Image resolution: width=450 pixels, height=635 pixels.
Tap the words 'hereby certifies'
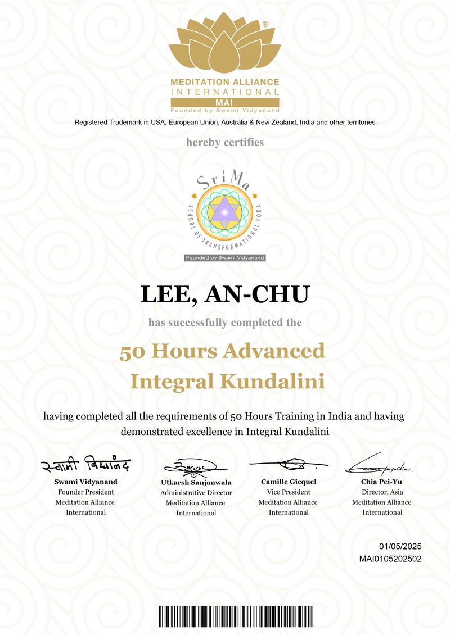coord(225,142)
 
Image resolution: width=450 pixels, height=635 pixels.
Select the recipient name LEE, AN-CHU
coord(225,295)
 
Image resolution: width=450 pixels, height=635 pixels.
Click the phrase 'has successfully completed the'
coord(225,323)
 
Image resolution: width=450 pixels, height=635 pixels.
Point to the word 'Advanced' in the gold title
coord(274,351)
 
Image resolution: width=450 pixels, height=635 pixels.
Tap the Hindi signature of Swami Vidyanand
coord(85,466)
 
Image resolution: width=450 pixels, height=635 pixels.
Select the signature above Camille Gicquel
coord(288,465)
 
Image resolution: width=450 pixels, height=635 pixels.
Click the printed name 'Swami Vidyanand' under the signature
coord(85,482)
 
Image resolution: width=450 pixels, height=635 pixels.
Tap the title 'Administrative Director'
coord(196,493)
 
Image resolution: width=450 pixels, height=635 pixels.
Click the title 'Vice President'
coord(288,492)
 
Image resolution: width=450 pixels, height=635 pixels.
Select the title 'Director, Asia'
coord(381,492)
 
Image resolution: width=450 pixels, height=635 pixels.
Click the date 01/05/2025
coord(400,546)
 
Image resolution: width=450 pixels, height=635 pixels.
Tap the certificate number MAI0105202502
coord(390,559)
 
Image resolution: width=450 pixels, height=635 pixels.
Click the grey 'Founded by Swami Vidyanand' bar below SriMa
coord(225,257)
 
